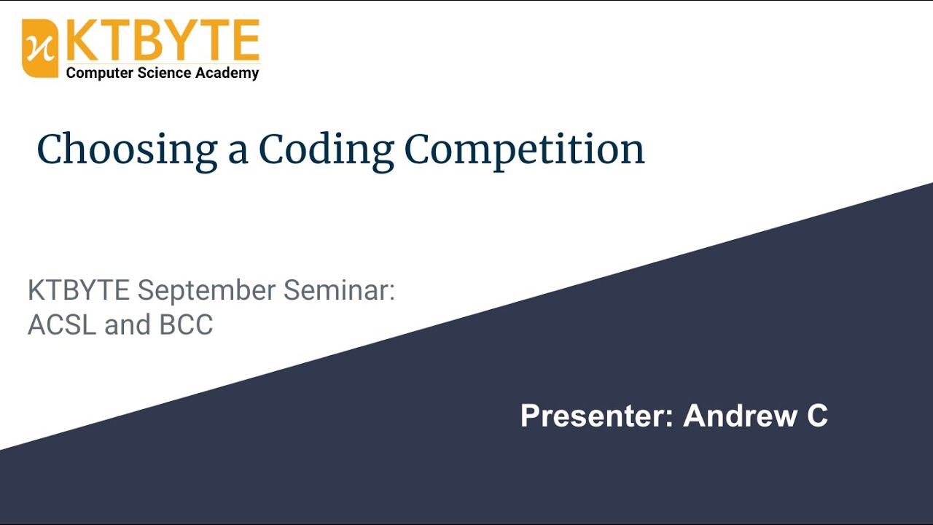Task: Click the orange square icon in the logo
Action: pos(40,48)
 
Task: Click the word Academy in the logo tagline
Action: pos(227,73)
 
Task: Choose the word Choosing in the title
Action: pos(127,149)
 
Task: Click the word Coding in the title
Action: pos(326,149)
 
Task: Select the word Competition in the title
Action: pos(524,149)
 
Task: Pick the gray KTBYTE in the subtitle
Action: pos(79,290)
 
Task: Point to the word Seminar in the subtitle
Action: pos(339,290)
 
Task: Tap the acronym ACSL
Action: pos(62,324)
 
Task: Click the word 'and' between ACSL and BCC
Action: pos(128,324)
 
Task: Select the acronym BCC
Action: pos(186,324)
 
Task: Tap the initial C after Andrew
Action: pos(816,416)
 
